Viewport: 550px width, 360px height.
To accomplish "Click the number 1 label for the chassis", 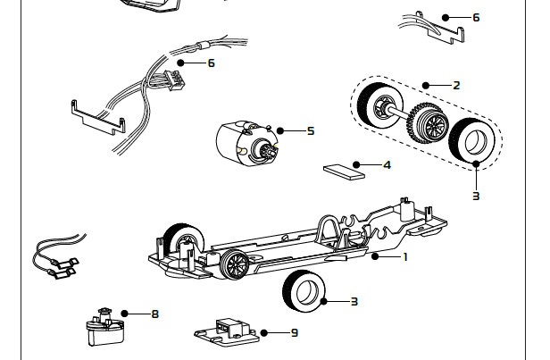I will [405, 256].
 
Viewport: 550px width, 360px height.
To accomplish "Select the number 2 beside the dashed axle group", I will [456, 86].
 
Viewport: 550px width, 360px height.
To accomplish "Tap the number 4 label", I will [387, 164].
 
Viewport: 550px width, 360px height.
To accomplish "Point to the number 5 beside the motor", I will [310, 130].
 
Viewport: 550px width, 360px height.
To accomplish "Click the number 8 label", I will [154, 314].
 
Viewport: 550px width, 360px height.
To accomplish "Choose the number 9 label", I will [294, 332].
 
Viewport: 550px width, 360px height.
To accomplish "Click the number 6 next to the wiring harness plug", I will [211, 63].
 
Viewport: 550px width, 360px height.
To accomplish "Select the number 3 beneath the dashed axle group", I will [476, 195].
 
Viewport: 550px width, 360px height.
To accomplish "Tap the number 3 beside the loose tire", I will [354, 301].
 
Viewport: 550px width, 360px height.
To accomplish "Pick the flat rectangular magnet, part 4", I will [344, 171].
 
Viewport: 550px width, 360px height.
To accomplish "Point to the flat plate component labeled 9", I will [227, 331].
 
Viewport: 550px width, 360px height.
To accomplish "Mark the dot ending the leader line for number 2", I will [427, 86].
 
